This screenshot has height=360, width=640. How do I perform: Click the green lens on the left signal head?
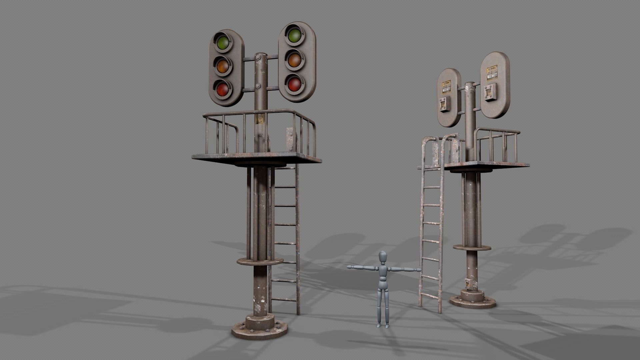pyautogui.click(x=223, y=42)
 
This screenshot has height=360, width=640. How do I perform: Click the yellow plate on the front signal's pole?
pyautogui.click(x=259, y=119)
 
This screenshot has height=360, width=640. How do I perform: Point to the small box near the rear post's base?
pyautogui.click(x=469, y=283)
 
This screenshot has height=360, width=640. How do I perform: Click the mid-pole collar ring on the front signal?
pyautogui.click(x=255, y=261)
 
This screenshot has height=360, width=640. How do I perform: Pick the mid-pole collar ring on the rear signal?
pyautogui.click(x=472, y=247)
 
